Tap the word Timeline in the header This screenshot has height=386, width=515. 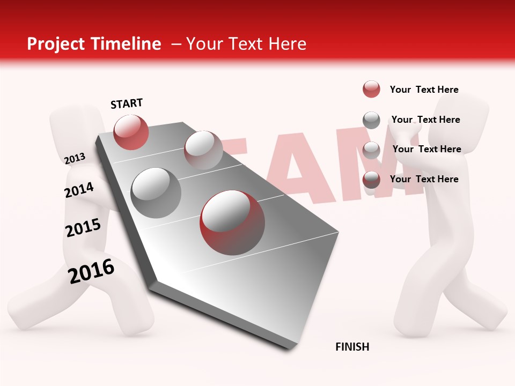pos(128,44)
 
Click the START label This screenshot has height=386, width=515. pos(127,103)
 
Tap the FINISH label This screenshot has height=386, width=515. pos(352,347)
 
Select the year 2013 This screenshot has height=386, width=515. pos(75,159)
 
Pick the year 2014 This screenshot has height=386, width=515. pos(79,190)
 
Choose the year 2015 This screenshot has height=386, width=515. pos(83,228)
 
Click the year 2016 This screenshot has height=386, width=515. pos(91,271)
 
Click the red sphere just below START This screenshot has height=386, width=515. pos(131,132)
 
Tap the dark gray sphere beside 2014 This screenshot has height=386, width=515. pos(156,192)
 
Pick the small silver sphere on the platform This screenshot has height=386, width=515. pos(203,150)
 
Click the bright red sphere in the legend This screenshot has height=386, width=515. pos(371,90)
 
